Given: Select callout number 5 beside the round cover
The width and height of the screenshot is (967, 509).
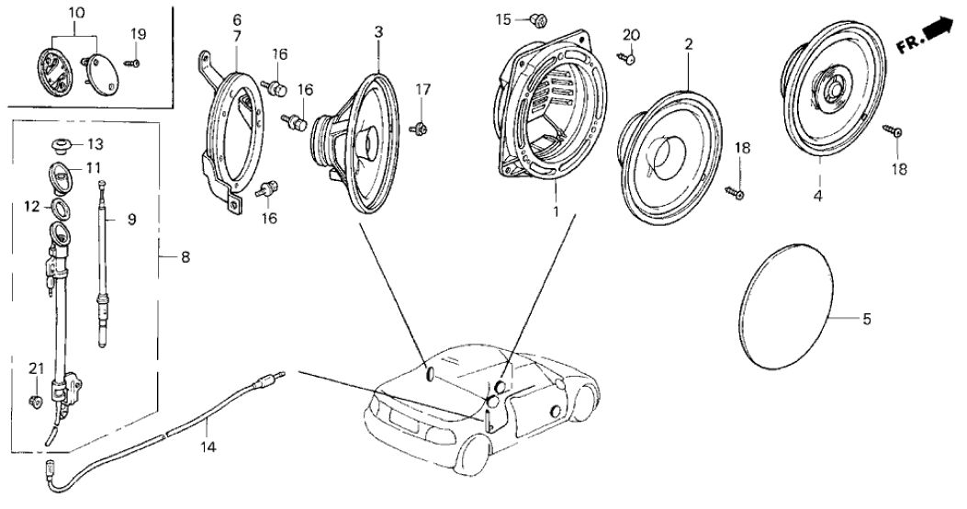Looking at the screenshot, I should point(865,320).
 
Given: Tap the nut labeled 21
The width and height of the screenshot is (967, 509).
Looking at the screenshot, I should point(35,400).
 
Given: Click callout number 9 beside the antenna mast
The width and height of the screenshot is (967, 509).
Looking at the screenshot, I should point(130,220).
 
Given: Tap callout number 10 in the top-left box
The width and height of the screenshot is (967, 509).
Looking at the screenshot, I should point(76,12).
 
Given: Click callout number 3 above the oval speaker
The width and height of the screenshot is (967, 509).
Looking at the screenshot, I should point(377,31).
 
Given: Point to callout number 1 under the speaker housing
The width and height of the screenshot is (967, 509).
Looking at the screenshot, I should point(554,210).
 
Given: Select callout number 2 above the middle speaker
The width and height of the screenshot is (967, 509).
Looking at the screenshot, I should point(688,42).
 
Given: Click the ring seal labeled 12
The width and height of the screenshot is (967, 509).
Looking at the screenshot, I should point(60,205).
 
